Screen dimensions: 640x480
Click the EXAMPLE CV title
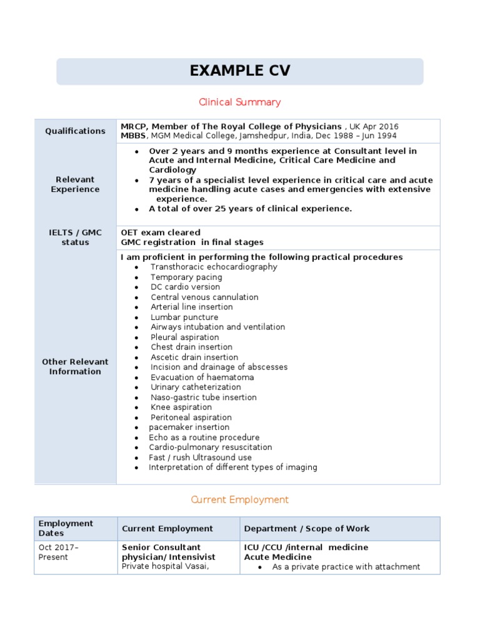pyautogui.click(x=240, y=71)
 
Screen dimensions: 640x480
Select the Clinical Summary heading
pyautogui.click(x=240, y=102)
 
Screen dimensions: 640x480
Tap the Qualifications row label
pyautogui.click(x=75, y=131)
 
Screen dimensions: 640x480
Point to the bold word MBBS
pyautogui.click(x=133, y=136)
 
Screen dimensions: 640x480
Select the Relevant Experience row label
pyautogui.click(x=75, y=184)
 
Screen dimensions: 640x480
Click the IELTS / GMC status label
pyautogui.click(x=75, y=237)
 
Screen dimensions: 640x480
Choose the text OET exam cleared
pyautogui.click(x=161, y=232)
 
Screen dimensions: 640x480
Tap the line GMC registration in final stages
pyautogui.click(x=192, y=242)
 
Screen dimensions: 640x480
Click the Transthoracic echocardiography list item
pyautogui.click(x=214, y=267)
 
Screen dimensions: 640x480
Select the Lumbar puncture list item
pyautogui.click(x=184, y=317)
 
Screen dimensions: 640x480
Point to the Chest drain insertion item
pyautogui.click(x=191, y=347)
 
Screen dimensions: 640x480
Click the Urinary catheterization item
pyautogui.click(x=196, y=387)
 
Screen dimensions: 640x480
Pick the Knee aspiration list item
pyautogui.click(x=181, y=407)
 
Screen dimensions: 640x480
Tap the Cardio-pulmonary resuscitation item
pyautogui.click(x=210, y=447)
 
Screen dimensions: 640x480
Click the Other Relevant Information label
pyautogui.click(x=75, y=366)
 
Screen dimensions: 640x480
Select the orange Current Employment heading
pyautogui.click(x=240, y=499)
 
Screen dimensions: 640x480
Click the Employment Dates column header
pyautogui.click(x=66, y=528)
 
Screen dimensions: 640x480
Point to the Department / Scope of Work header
pyautogui.click(x=306, y=529)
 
